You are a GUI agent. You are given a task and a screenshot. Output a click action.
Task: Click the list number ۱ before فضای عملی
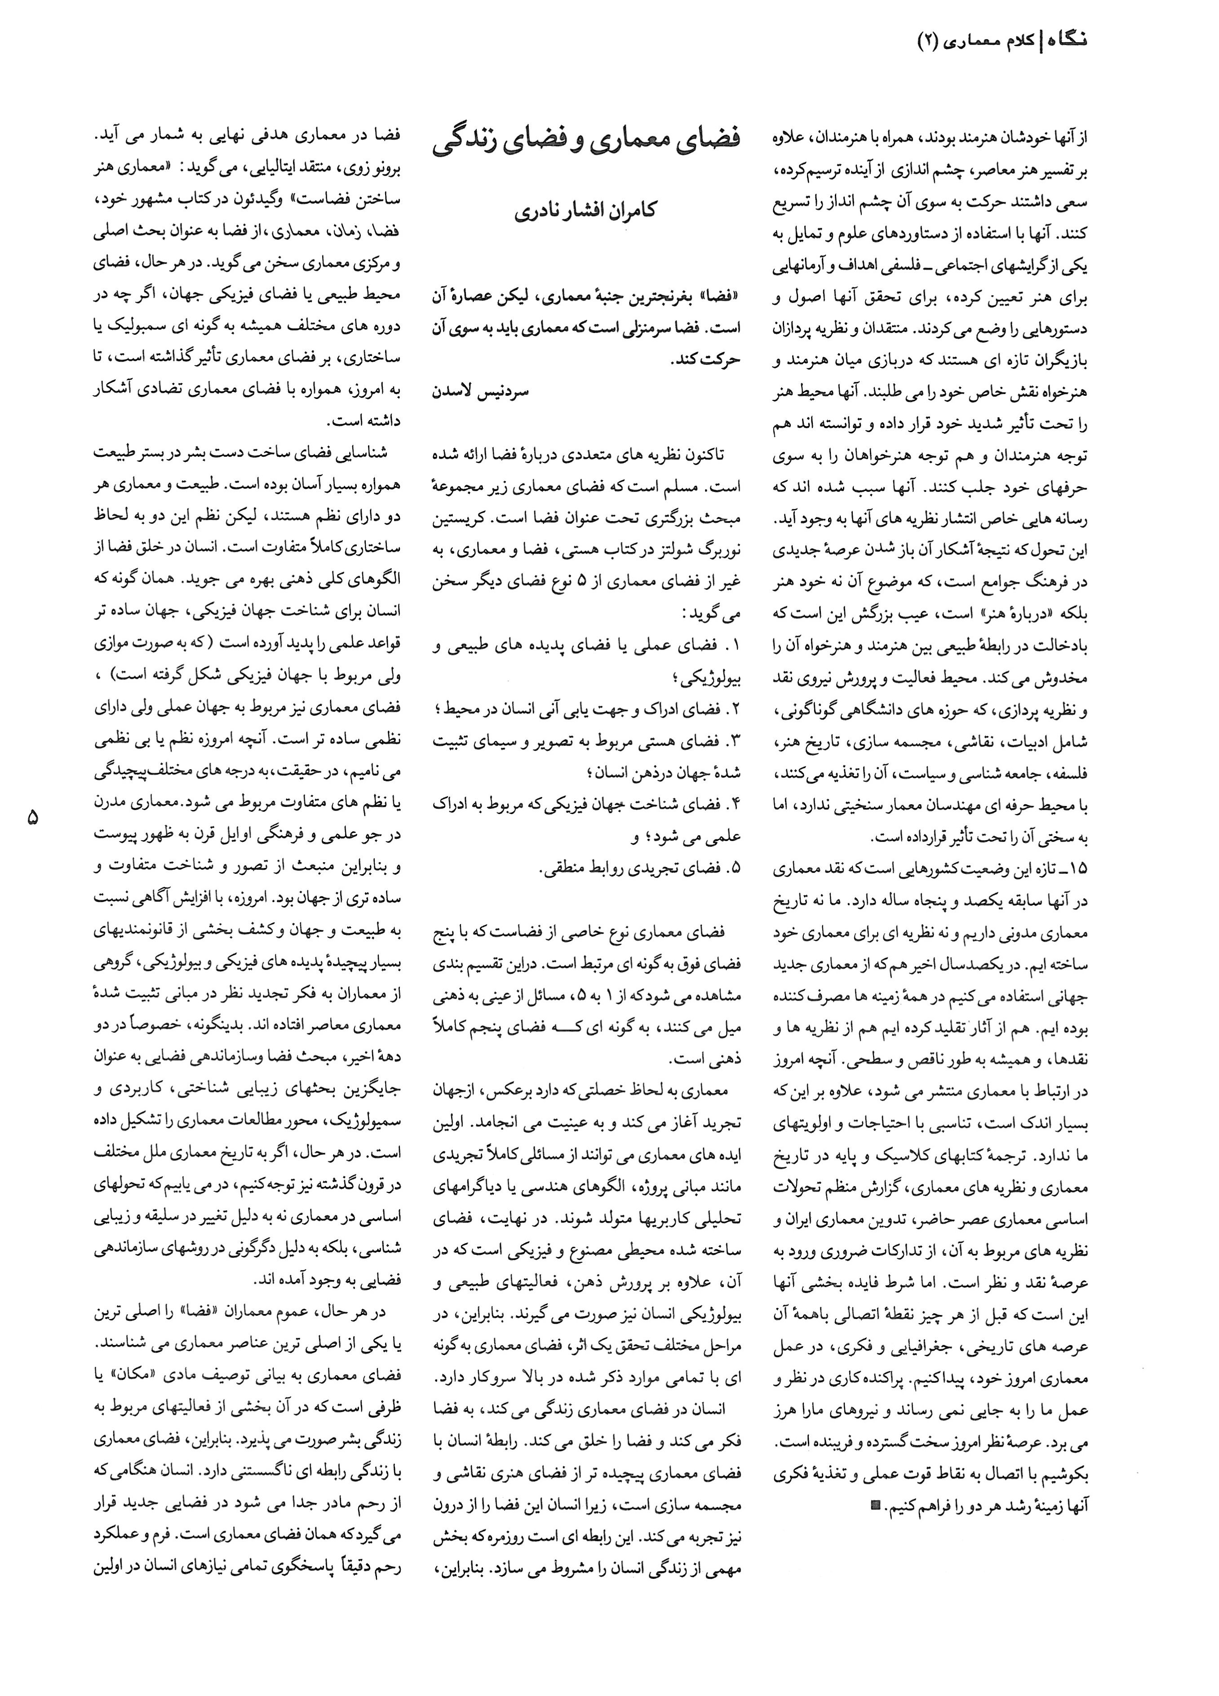(x=734, y=645)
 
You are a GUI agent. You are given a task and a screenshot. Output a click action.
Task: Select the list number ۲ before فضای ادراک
(x=734, y=708)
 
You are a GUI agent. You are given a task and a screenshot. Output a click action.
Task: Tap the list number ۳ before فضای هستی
(x=734, y=740)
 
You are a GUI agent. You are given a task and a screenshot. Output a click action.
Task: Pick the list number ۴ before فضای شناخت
(x=734, y=804)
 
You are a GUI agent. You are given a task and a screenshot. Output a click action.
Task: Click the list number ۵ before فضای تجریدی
(x=734, y=868)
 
